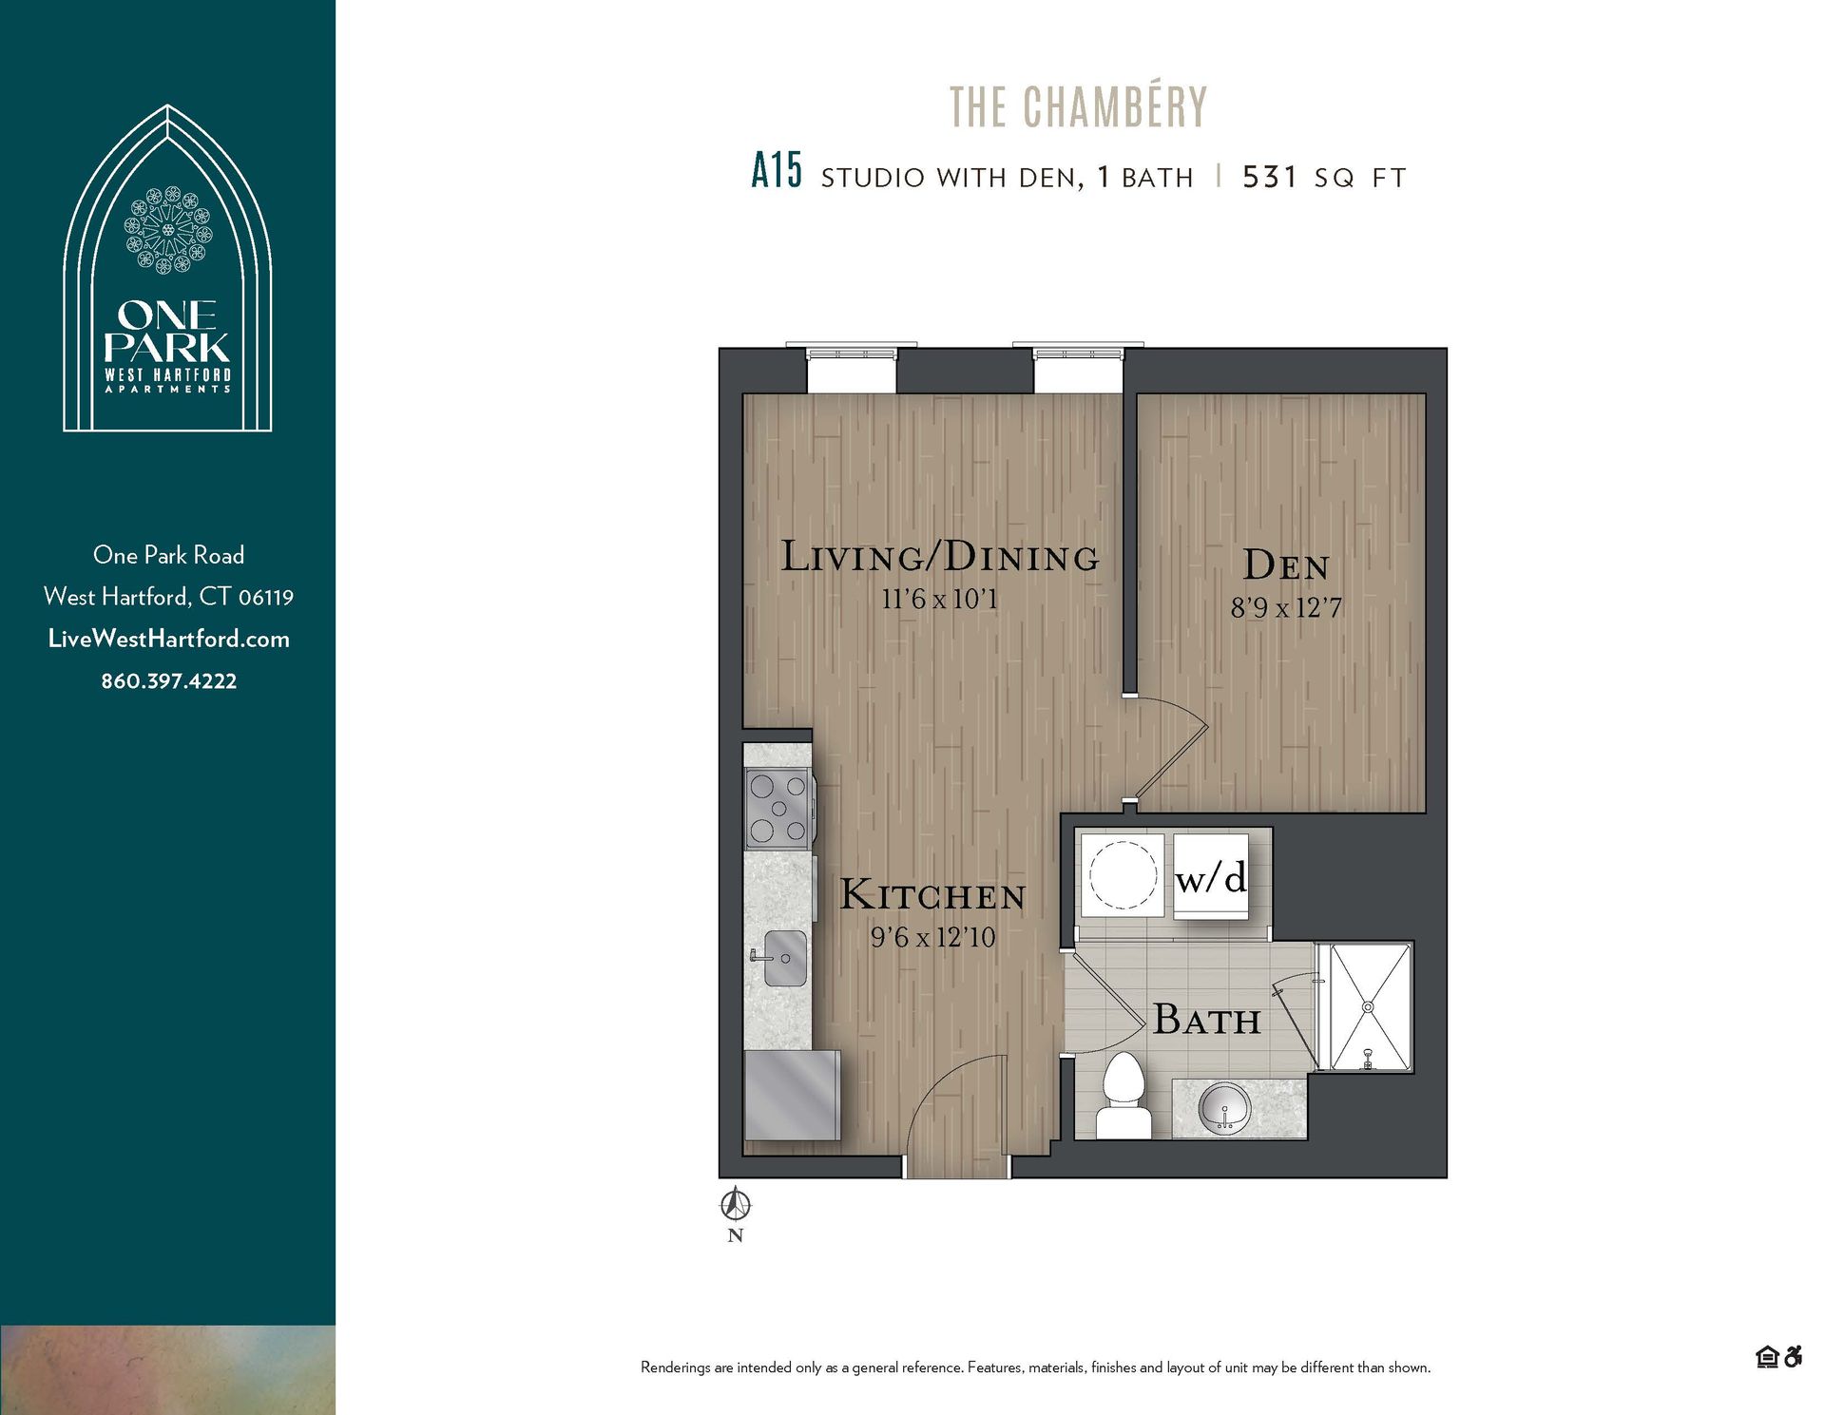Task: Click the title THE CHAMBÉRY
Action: tap(1078, 106)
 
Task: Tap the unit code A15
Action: tap(776, 172)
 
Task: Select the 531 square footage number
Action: tap(1270, 177)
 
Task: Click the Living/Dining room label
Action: tap(939, 557)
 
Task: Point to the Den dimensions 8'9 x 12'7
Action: tap(1286, 607)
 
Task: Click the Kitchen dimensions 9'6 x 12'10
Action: tap(932, 937)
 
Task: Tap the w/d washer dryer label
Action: tap(1210, 878)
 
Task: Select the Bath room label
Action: tap(1207, 1020)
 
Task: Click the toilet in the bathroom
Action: tap(1124, 1093)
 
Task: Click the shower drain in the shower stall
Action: tap(1368, 1006)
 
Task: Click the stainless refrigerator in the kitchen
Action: tap(791, 1095)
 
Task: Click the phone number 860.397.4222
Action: tap(169, 681)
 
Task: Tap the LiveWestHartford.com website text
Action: tap(169, 639)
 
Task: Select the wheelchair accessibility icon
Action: tap(1793, 1357)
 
